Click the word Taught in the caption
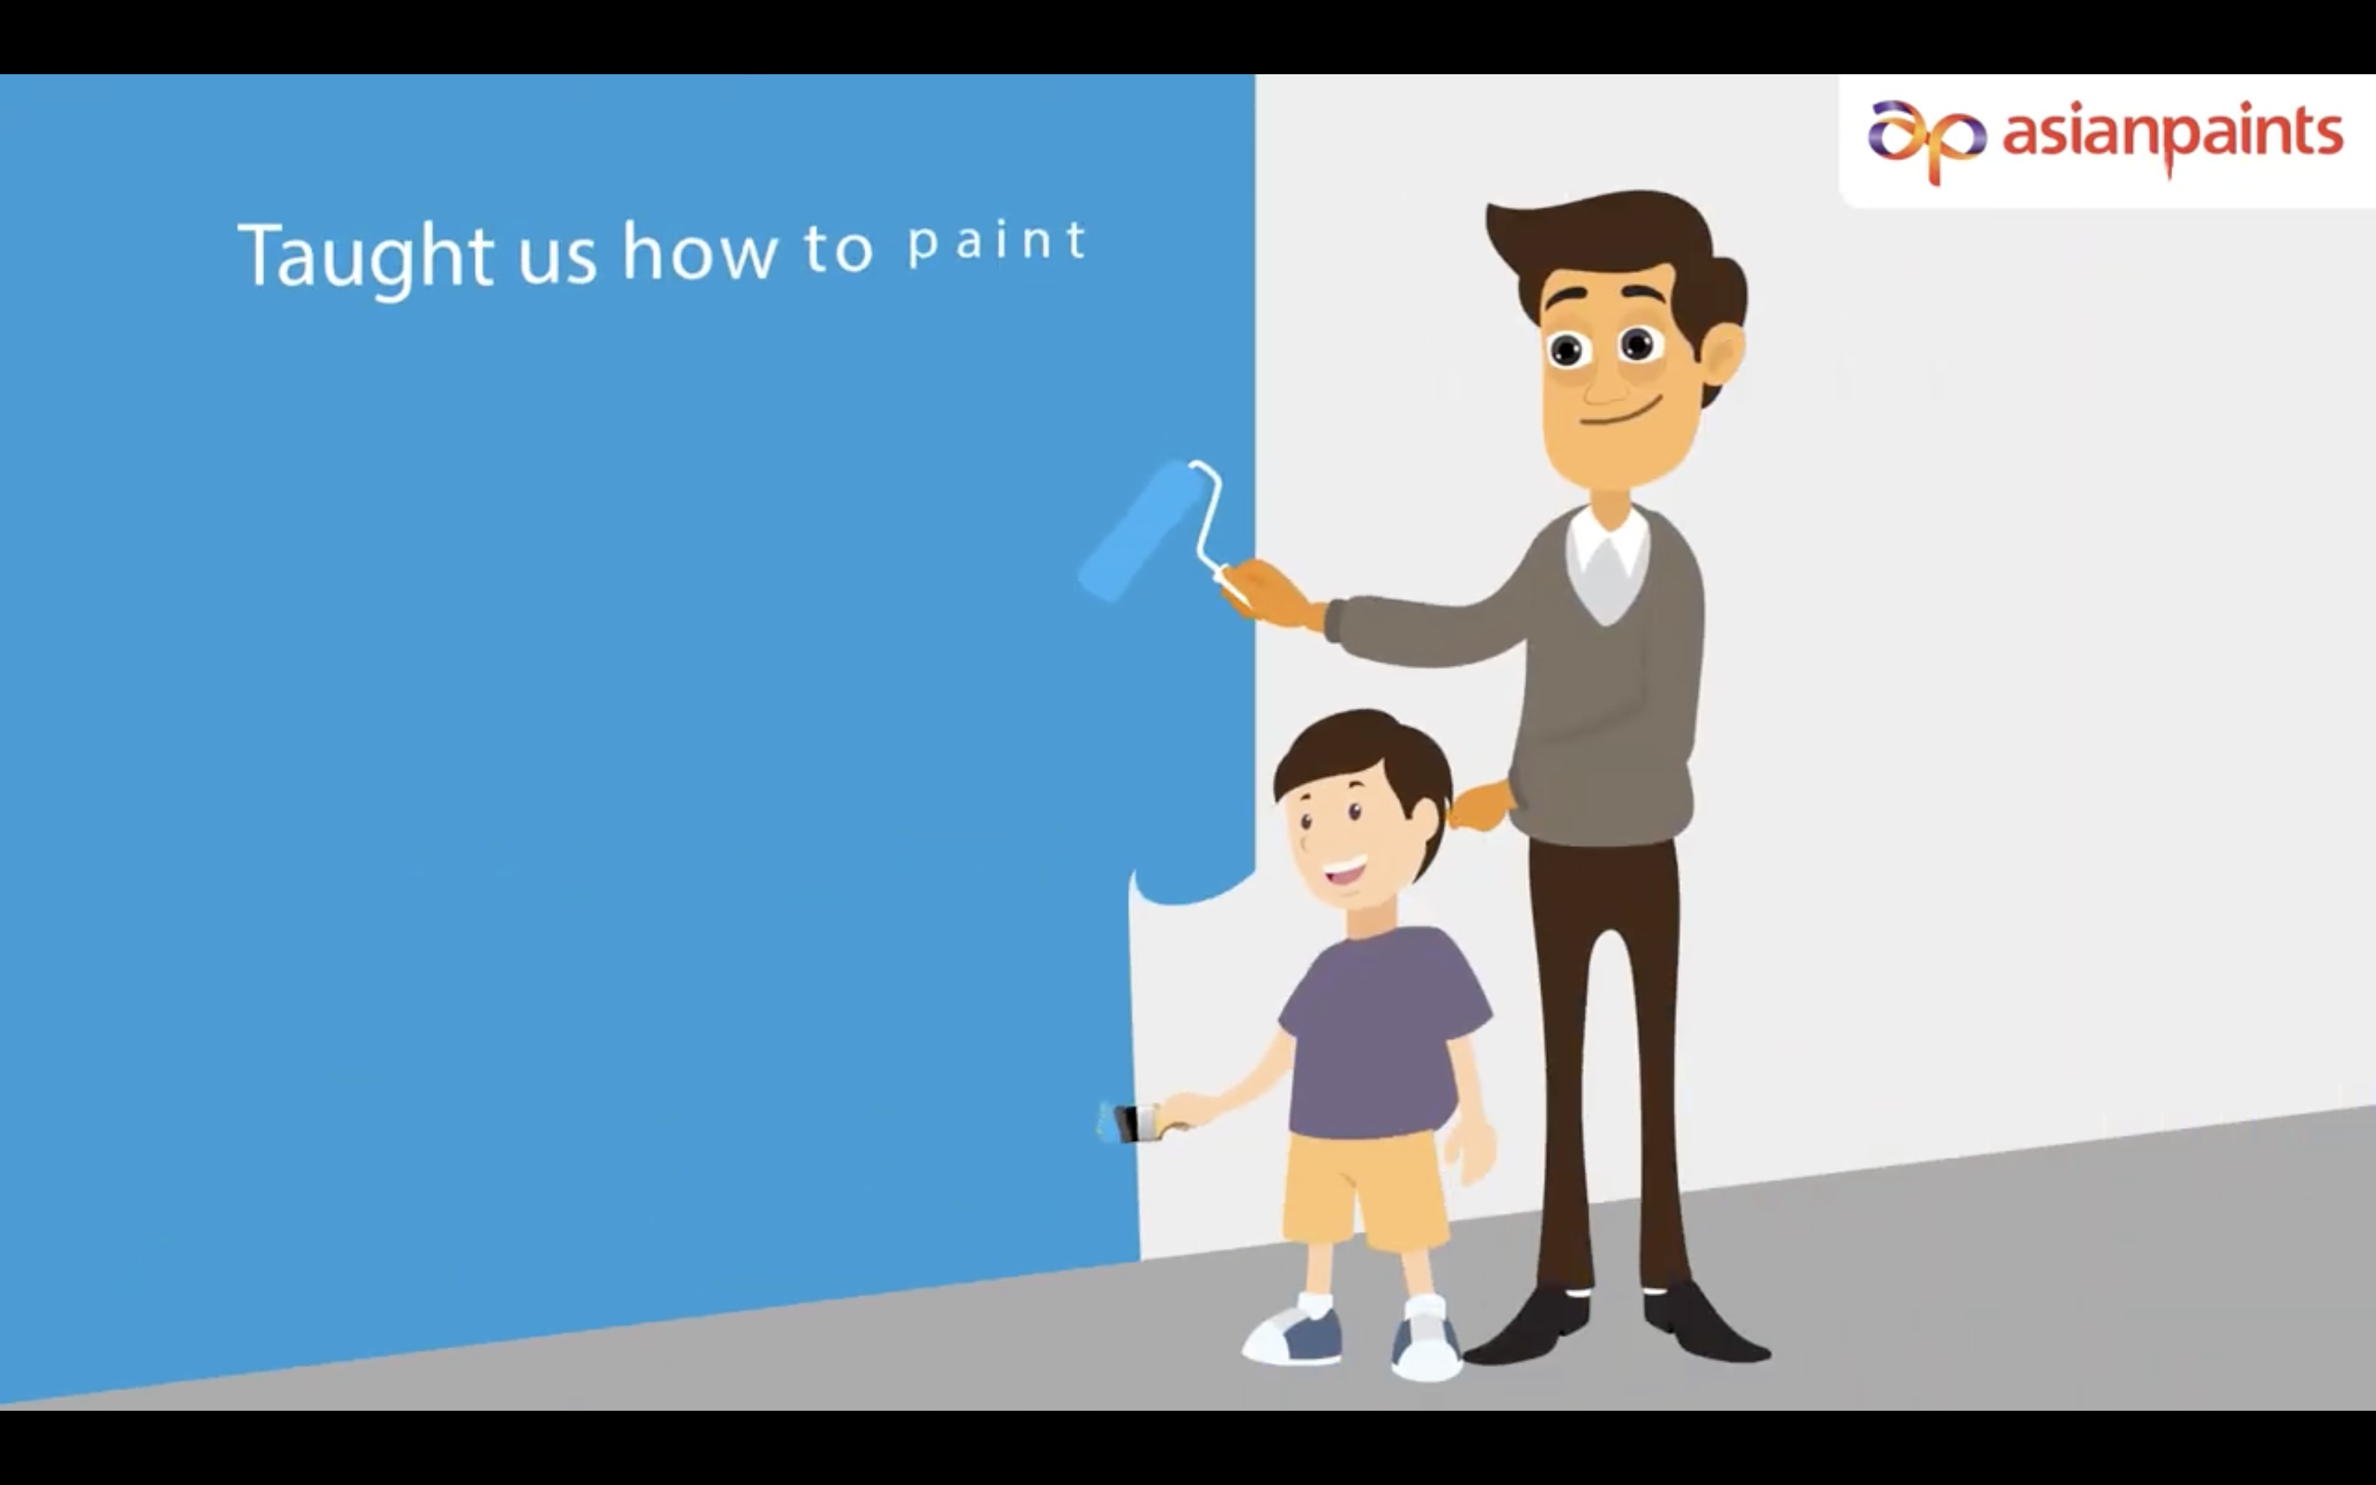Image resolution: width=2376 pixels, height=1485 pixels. tap(365, 257)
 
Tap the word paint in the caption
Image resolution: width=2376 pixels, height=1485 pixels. tap(997, 242)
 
